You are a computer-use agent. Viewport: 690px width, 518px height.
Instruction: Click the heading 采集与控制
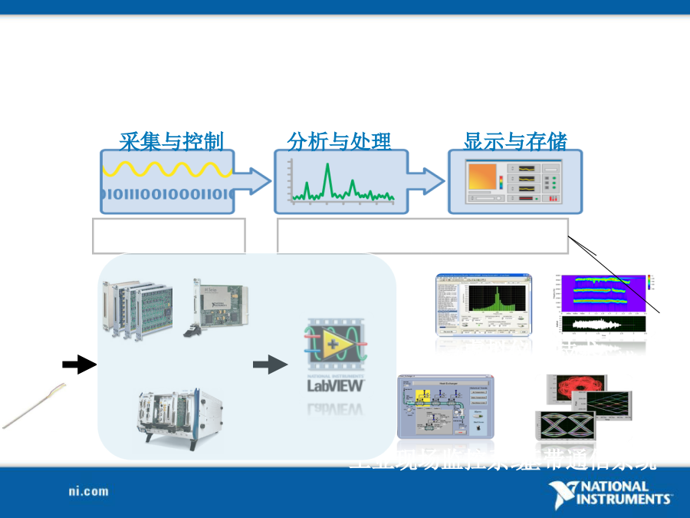coord(171,141)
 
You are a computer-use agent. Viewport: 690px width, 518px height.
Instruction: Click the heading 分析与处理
coord(339,141)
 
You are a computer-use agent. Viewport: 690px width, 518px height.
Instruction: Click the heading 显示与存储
coord(515,141)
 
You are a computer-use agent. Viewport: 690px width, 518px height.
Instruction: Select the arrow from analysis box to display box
coord(428,181)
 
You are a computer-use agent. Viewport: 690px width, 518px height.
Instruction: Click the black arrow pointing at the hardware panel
coord(79,365)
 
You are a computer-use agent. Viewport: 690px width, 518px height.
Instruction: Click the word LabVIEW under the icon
coord(335,385)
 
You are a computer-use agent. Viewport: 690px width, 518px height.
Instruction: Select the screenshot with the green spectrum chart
coord(483,305)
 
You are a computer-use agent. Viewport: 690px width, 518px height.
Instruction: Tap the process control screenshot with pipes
coord(445,405)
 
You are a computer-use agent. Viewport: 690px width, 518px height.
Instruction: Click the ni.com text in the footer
coord(88,491)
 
